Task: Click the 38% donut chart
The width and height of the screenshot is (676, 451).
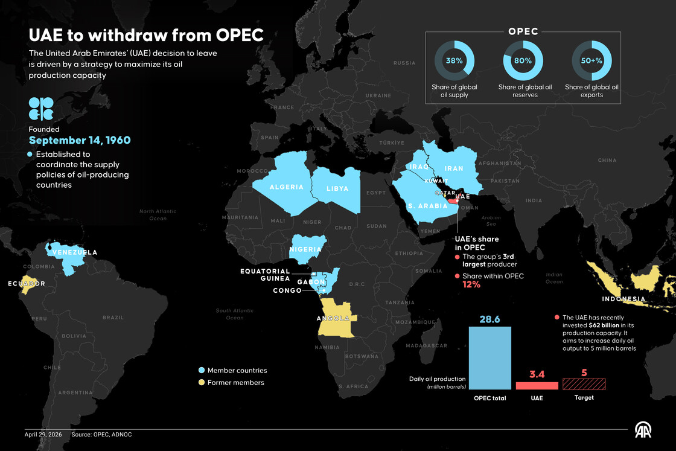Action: coord(454,60)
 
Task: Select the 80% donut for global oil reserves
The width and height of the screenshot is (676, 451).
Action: coord(523,60)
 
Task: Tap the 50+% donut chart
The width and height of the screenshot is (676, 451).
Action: coord(592,60)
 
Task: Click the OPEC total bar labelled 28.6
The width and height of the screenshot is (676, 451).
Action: coord(489,357)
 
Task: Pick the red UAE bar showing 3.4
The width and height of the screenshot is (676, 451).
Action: coord(537,385)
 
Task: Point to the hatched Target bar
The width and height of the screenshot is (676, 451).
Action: coord(584,383)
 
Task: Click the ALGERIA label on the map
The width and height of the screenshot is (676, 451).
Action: coord(287,187)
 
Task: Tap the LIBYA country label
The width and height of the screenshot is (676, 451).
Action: coord(337,188)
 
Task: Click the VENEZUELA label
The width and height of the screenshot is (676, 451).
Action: coord(75,252)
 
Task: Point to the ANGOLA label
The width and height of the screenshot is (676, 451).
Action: coord(333,318)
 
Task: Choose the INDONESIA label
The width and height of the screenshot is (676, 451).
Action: coord(623,299)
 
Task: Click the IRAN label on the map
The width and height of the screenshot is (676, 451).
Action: coord(453,169)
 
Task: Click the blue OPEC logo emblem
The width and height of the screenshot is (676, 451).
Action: coord(41,109)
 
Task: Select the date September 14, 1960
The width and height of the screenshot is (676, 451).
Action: coord(80,140)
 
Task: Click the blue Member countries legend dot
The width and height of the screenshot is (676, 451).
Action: coord(202,370)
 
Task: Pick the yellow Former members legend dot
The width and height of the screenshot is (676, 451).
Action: coord(202,382)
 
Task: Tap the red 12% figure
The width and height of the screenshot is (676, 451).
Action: coord(471,285)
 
